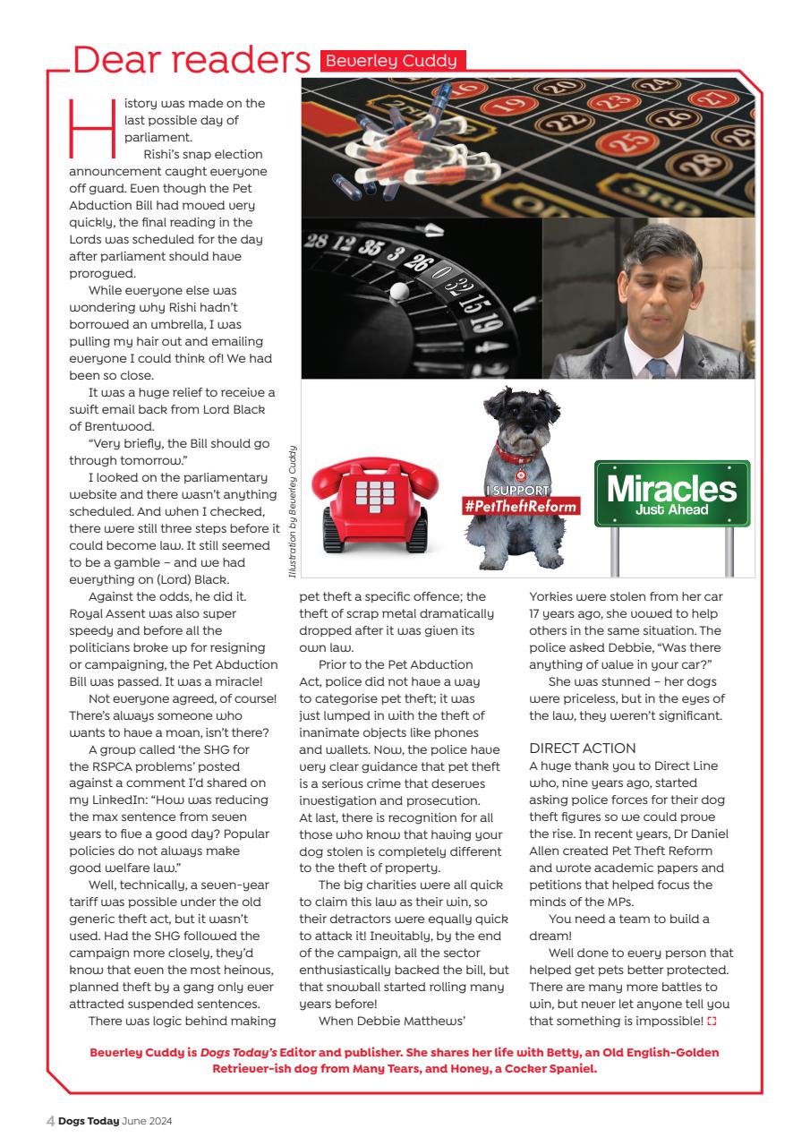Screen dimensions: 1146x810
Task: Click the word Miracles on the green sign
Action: pyautogui.click(x=671, y=489)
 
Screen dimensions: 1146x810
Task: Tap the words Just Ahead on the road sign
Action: pyautogui.click(x=671, y=510)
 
